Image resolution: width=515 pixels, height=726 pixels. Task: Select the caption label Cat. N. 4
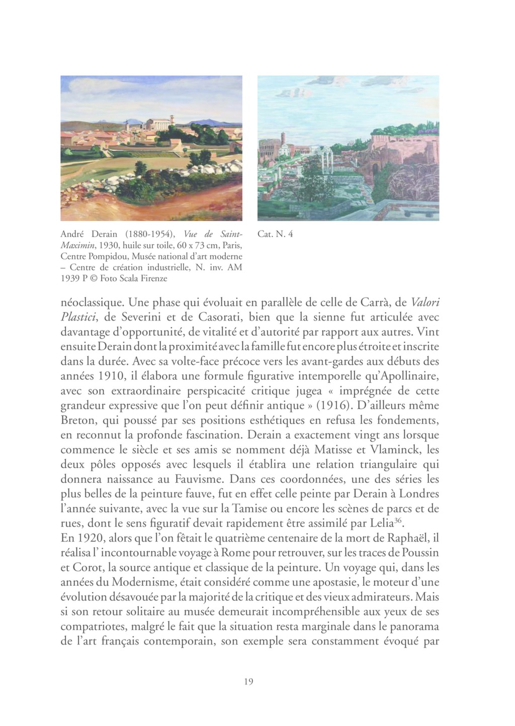pos(275,234)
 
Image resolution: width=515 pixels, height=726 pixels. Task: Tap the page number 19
pos(248,681)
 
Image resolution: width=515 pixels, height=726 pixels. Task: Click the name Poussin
pos(420,552)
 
